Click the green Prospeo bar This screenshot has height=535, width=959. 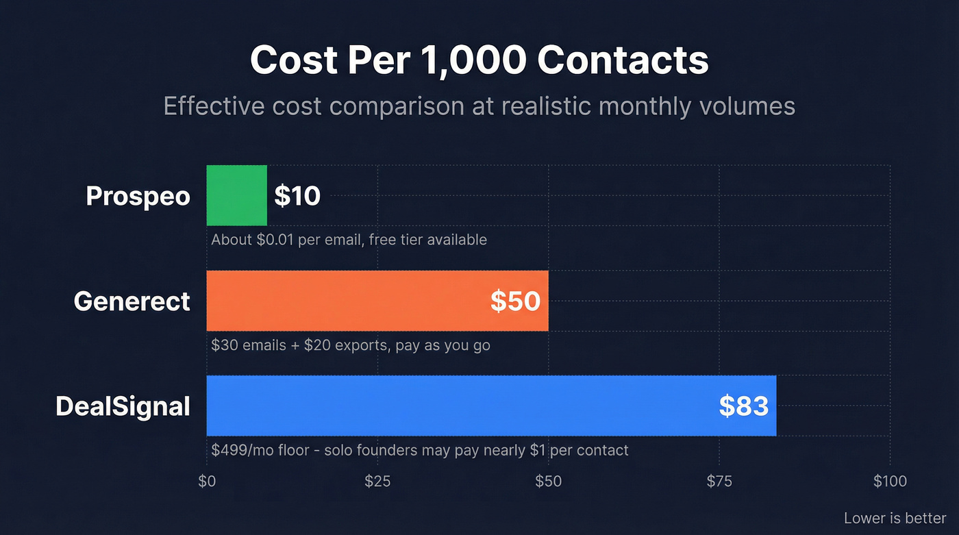236,195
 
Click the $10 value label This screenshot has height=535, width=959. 297,197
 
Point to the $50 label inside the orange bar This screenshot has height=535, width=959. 515,301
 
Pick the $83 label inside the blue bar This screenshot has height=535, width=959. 743,406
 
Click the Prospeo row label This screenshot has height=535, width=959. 138,197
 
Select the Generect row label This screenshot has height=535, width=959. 132,301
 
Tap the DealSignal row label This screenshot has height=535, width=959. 123,406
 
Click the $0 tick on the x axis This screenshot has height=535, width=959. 207,482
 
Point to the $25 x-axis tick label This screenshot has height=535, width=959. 377,482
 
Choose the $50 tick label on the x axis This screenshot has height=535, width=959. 548,482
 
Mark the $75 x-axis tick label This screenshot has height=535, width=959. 719,482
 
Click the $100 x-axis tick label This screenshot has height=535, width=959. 890,482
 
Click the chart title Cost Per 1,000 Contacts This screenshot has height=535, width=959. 479,60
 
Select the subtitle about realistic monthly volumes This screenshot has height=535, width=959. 479,106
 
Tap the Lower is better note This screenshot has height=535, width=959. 895,518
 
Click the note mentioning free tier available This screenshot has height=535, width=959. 349,240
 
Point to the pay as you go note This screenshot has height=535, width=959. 351,345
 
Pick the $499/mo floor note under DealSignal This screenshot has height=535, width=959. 419,450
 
